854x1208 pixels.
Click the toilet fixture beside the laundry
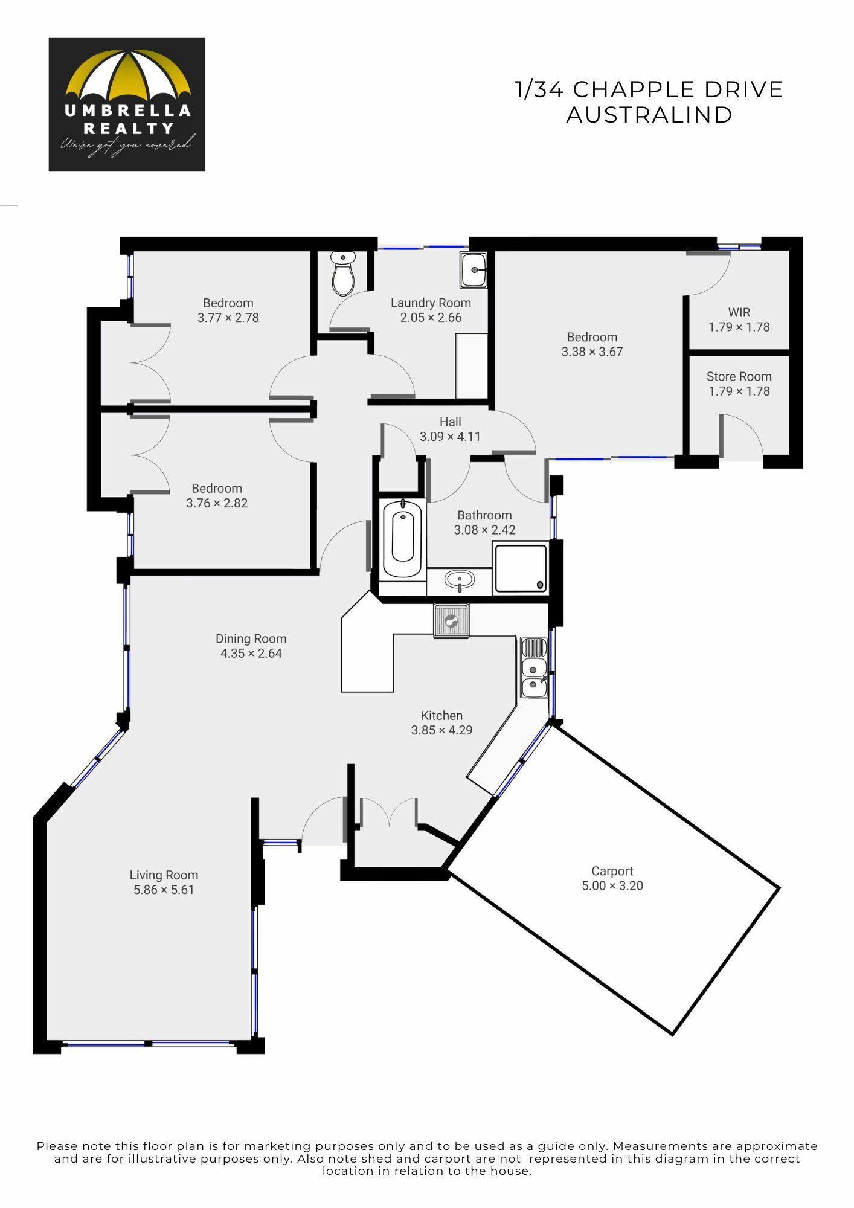tap(343, 274)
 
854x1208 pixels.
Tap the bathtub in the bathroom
tap(403, 538)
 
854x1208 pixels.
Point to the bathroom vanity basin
tap(460, 581)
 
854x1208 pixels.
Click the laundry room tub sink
tap(474, 270)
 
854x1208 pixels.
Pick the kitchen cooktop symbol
tap(451, 620)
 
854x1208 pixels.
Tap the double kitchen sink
tap(535, 668)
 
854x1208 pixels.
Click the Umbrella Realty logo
tap(127, 104)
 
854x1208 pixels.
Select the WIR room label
tap(739, 312)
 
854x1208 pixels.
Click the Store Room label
tap(739, 376)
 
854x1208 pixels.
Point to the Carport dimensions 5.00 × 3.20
tap(612, 885)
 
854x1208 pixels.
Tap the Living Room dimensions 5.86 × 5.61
tap(164, 890)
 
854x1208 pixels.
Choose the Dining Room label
tap(251, 638)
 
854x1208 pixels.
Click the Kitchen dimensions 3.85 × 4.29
tap(442, 730)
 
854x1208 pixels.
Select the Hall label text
tap(451, 422)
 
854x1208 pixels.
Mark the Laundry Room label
tap(431, 303)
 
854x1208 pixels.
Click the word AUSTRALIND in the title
tap(649, 115)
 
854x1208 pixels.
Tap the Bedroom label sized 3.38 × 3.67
tap(592, 337)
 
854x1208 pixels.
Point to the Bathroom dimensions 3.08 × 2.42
tap(485, 530)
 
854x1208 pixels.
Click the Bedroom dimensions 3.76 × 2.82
tap(217, 503)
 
